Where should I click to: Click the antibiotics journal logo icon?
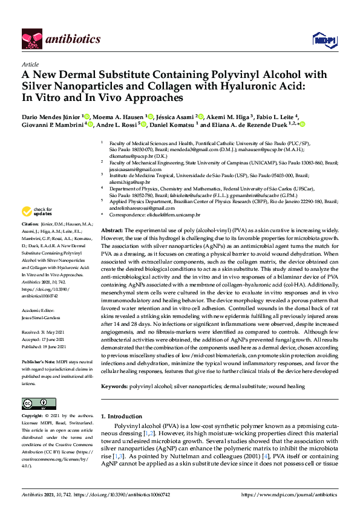(x=32, y=39)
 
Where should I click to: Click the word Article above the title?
(x=30, y=64)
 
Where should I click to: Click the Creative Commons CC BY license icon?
(x=35, y=403)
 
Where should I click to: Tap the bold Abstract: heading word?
(x=112, y=231)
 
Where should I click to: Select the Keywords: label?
(x=114, y=386)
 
